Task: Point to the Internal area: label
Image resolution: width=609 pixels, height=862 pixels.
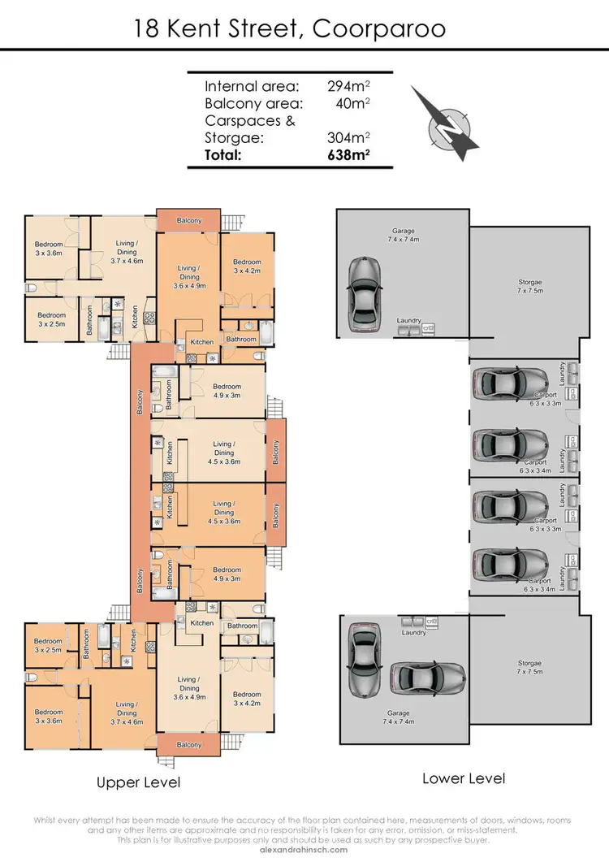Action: pos(252,86)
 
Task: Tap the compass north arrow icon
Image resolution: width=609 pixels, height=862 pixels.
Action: pos(446,123)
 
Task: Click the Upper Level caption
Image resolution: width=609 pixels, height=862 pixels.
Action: pos(138,783)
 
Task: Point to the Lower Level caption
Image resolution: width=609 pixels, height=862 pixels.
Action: pos(464,778)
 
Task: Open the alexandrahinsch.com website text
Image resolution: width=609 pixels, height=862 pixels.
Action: pos(304,850)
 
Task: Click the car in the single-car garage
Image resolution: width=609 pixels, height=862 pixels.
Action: pos(365,295)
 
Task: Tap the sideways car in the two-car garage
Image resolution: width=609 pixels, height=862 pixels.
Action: pos(427,675)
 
